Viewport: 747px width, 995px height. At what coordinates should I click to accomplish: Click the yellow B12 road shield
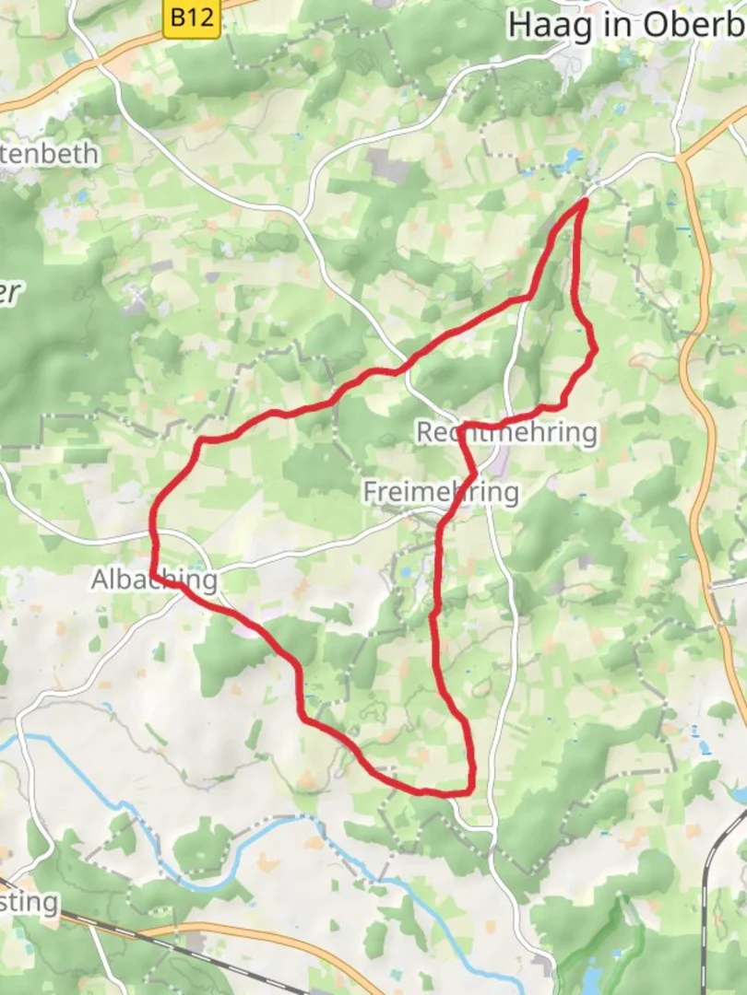(192, 18)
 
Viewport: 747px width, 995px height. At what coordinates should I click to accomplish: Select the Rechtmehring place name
(507, 432)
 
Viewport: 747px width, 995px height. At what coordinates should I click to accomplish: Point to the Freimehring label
(440, 492)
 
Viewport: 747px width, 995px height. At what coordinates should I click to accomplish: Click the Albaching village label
(154, 579)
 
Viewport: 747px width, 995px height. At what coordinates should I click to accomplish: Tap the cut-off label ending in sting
(29, 901)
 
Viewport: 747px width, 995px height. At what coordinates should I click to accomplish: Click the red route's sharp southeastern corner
(471, 790)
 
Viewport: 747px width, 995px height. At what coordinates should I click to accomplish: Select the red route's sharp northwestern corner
(201, 442)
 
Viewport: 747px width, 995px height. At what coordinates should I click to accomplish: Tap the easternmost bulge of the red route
(595, 349)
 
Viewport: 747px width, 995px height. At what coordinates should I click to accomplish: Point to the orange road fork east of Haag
(682, 158)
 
